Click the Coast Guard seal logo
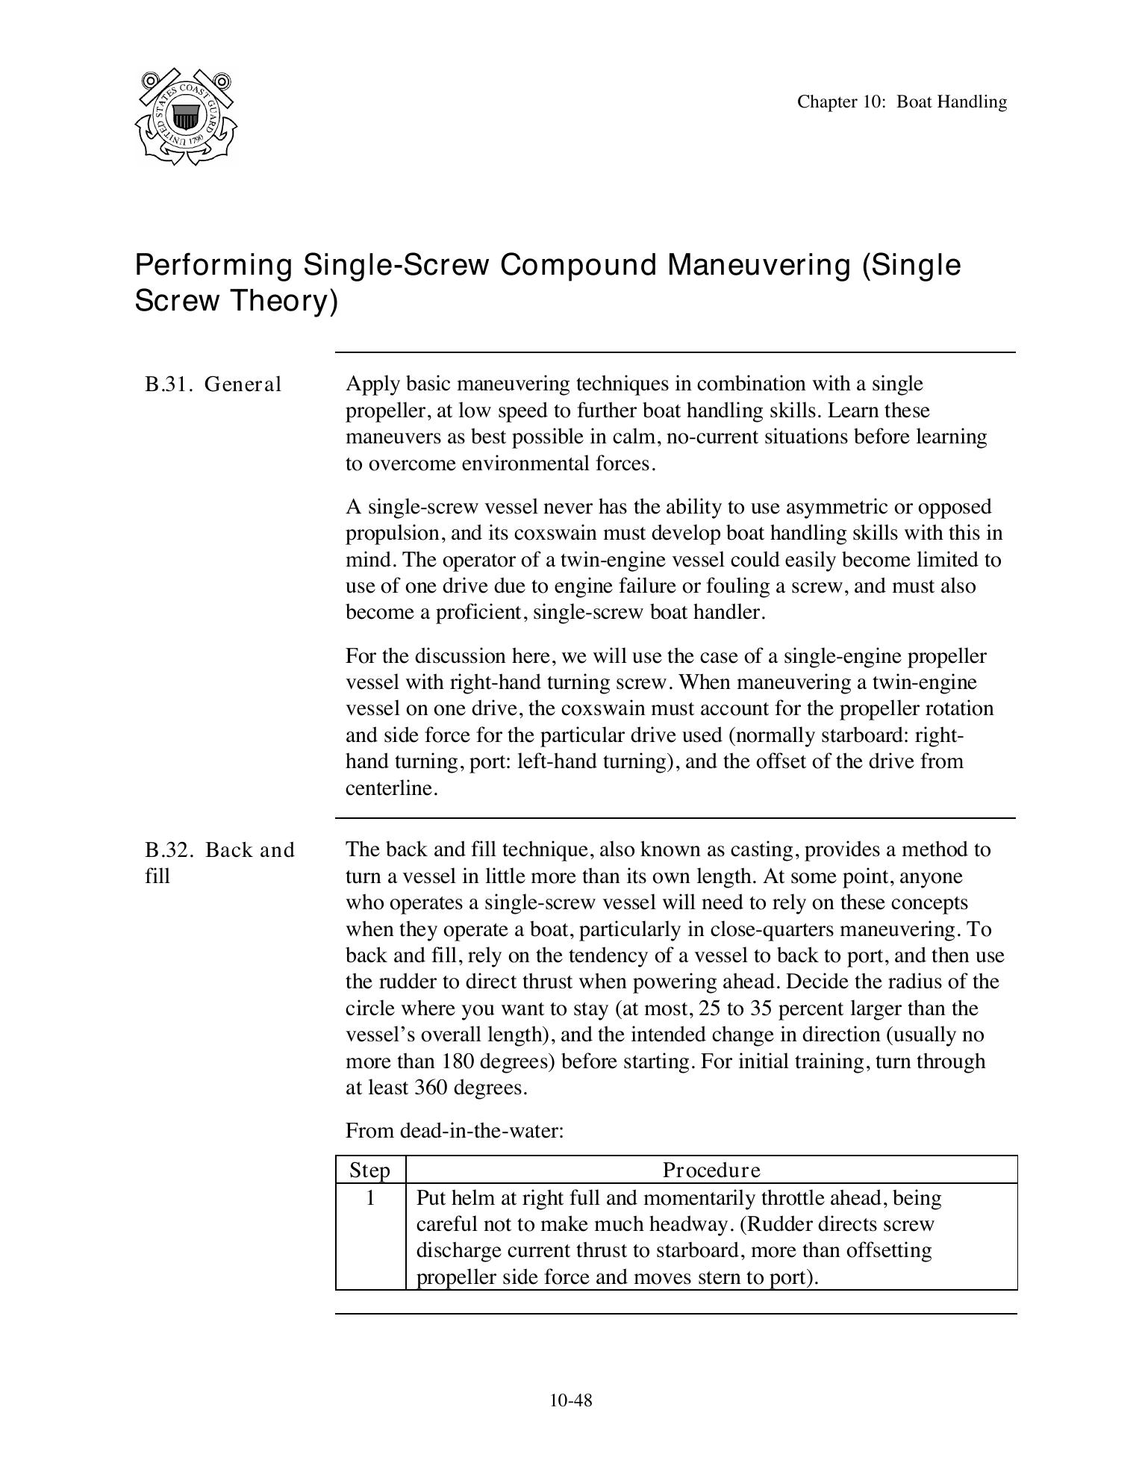point(186,117)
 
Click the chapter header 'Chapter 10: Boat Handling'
point(901,102)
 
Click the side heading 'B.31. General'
point(213,384)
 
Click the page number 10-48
point(570,1400)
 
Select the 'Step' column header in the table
point(369,1170)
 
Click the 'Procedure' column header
point(711,1170)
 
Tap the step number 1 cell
point(369,1198)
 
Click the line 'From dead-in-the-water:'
point(454,1130)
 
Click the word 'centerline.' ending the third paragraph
point(391,788)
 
